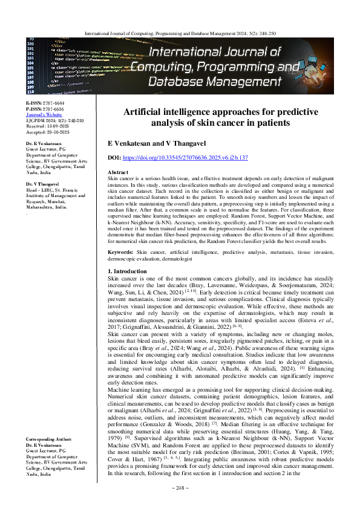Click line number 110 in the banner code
tap(31, 91)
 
